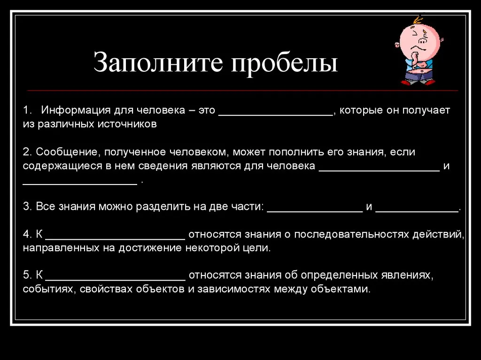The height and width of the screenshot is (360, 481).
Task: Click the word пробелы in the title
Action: (284, 63)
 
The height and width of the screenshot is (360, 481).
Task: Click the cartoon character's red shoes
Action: (418, 82)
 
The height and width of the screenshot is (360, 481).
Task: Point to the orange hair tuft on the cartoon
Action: (417, 20)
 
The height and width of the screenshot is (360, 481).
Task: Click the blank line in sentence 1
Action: (276, 115)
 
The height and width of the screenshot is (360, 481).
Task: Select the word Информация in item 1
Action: (76, 110)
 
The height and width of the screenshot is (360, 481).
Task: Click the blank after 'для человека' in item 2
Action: (380, 170)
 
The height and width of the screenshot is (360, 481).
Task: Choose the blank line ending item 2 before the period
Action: (80, 184)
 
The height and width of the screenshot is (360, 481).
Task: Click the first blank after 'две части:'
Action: (315, 211)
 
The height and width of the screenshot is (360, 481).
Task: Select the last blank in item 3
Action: (417, 211)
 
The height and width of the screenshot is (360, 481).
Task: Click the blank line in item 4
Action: (116, 238)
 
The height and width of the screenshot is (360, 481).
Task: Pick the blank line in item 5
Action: (116, 279)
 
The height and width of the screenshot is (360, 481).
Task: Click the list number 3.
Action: (26, 207)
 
